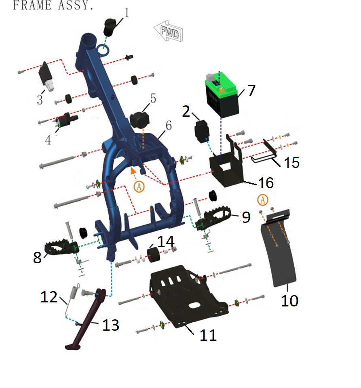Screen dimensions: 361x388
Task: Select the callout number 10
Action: [x=289, y=301]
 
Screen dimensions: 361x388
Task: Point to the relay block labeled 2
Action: [x=202, y=131]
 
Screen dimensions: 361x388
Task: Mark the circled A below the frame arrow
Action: [x=139, y=187]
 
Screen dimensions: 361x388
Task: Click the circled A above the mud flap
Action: [x=263, y=200]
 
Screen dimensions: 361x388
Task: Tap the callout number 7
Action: [x=251, y=90]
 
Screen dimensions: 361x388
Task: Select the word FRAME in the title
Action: [x=32, y=5]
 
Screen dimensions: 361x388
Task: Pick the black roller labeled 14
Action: [x=153, y=254]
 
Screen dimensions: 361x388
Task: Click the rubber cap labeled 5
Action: [x=140, y=120]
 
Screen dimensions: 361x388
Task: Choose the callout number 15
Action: [x=291, y=163]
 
